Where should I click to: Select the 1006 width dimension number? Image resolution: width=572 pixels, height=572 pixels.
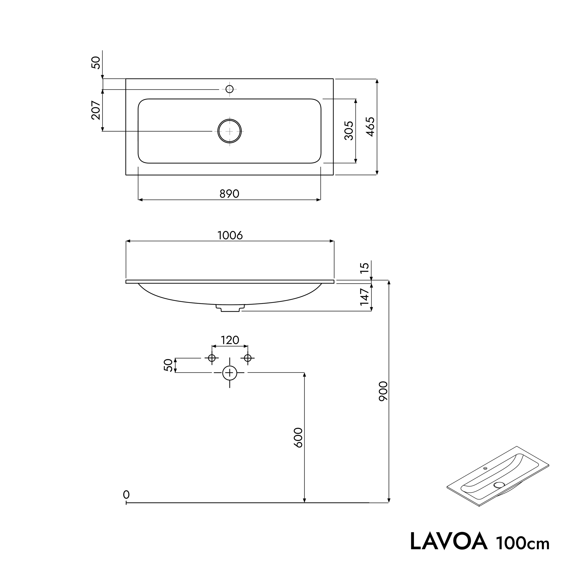pyautogui.click(x=230, y=235)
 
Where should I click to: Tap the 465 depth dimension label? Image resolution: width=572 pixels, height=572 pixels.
pyautogui.click(x=371, y=127)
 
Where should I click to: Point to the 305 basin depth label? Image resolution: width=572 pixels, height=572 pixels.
pyautogui.click(x=349, y=131)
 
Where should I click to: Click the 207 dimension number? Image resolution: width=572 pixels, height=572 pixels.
pyautogui.click(x=96, y=110)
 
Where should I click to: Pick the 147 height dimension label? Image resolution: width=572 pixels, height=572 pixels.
pyautogui.click(x=365, y=297)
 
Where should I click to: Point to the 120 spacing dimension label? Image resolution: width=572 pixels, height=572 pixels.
pyautogui.click(x=230, y=340)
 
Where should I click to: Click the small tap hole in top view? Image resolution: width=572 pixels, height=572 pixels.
pyautogui.click(x=229, y=89)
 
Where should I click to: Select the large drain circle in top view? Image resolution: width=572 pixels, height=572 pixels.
pyautogui.click(x=229, y=131)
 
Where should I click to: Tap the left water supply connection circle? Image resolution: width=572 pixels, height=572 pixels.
pyautogui.click(x=212, y=358)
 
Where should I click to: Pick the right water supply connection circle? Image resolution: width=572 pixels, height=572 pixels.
pyautogui.click(x=248, y=358)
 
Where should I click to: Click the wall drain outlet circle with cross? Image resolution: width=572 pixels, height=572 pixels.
pyautogui.click(x=229, y=373)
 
